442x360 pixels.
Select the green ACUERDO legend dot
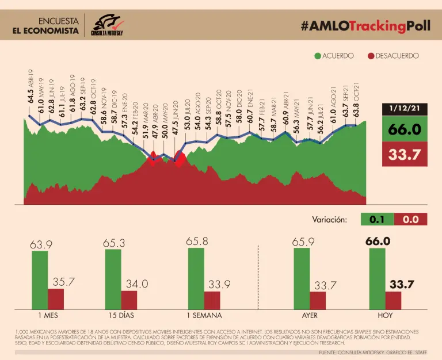click(317, 56)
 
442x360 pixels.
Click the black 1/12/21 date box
click(405, 108)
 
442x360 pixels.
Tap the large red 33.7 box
click(405, 155)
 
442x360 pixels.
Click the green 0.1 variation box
click(377, 219)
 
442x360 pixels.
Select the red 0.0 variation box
click(411, 219)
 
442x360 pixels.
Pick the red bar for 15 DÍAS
click(129, 300)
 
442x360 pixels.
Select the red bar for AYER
click(317, 300)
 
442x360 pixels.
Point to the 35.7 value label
click(63, 282)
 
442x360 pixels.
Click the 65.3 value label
click(113, 243)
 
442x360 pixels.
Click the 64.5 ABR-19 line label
click(31, 86)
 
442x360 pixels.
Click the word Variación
click(330, 219)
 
